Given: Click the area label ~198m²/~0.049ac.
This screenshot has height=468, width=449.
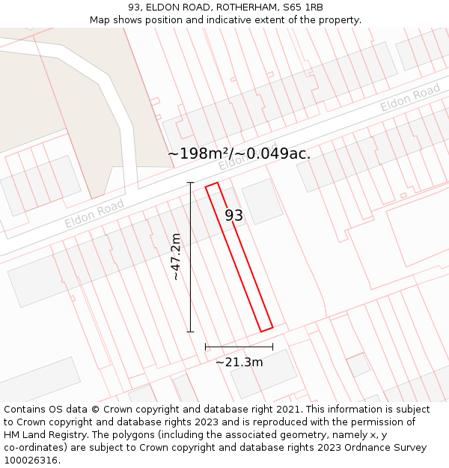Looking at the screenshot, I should coord(239,154).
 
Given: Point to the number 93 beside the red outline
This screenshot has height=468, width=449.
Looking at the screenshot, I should coord(233,215).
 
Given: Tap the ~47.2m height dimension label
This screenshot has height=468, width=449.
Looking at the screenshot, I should coord(176,257).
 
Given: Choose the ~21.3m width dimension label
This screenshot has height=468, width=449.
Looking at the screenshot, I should coord(239,362).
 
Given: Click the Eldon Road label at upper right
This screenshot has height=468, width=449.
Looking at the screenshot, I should coord(410,98).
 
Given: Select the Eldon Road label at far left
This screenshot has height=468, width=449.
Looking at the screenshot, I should coord(94,214).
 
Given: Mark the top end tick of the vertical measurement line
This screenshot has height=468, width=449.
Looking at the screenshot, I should coord(190,183).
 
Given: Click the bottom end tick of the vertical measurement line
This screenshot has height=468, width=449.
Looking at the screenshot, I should coord(190,332).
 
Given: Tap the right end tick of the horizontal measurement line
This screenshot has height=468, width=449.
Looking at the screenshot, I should coord(272,347).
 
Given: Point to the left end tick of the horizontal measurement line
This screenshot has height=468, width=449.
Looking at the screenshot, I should coord(206,347).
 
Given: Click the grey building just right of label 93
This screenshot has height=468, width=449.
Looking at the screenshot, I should coord(262,201).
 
